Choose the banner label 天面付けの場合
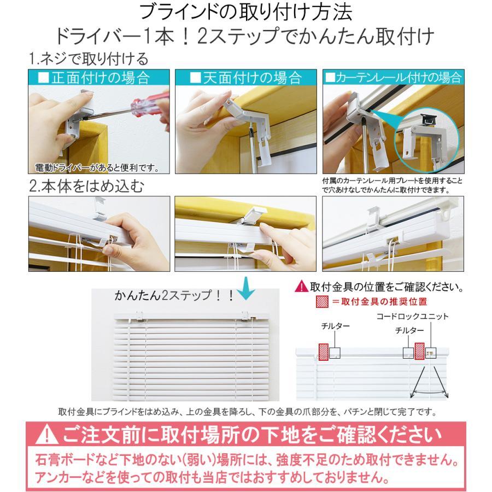(245, 77)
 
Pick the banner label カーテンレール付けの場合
(394, 77)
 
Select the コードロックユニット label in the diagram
(412, 317)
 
